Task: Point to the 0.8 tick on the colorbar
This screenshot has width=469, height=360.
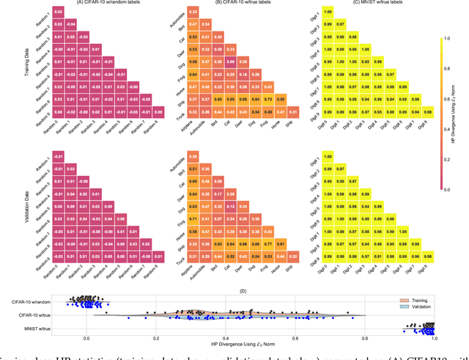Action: pos(449,74)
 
